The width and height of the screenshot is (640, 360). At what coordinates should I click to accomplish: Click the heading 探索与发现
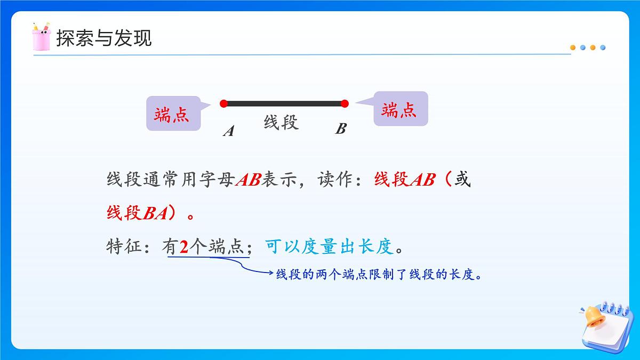[x=104, y=38]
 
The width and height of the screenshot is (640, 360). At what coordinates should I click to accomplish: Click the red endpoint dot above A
[x=223, y=103]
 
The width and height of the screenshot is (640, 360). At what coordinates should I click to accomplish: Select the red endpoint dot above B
[x=345, y=103]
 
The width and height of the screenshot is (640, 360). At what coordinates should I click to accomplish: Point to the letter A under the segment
[x=229, y=131]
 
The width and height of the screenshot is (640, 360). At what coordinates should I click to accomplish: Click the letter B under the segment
[x=341, y=129]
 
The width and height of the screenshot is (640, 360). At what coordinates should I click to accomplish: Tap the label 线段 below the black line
[x=281, y=123]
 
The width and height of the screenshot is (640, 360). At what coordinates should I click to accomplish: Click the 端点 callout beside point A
[x=172, y=114]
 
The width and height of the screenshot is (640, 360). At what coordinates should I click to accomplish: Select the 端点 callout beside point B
[x=399, y=110]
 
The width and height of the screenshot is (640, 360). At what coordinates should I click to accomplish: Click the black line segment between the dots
[x=284, y=103]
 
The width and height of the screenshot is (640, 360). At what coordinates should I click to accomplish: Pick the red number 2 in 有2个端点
[x=184, y=247]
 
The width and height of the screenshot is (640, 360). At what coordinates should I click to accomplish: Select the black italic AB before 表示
[x=247, y=180]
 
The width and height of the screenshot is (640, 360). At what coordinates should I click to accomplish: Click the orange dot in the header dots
[x=573, y=47]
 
